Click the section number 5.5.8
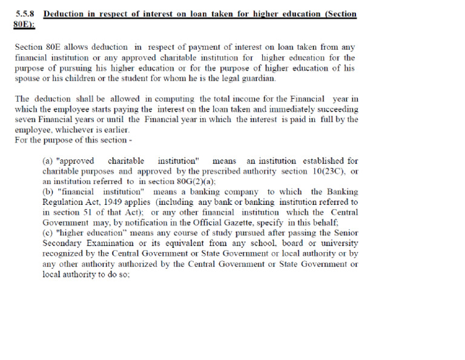[27, 14]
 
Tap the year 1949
[122, 202]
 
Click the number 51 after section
[87, 213]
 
